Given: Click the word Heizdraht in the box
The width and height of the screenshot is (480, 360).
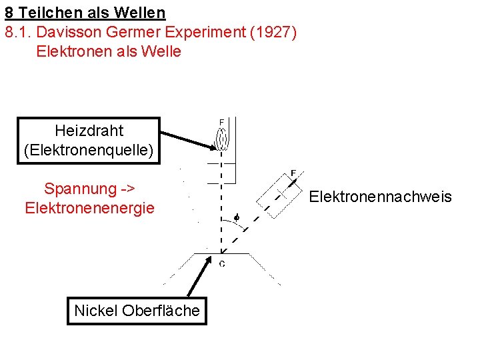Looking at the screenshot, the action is click(x=89, y=130).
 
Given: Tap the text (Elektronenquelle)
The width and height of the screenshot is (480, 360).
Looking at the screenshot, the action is click(x=89, y=150).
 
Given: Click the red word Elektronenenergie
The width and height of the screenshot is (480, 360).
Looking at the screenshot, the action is click(x=89, y=208).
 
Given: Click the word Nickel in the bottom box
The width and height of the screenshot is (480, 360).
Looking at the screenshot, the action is click(x=96, y=310).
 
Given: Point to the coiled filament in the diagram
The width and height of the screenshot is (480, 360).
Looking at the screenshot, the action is click(x=222, y=139).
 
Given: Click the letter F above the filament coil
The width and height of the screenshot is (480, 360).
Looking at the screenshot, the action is click(x=222, y=122).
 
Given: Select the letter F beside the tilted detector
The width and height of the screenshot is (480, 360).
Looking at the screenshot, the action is click(x=293, y=173).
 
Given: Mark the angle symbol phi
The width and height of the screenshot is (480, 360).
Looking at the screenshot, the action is click(x=235, y=217).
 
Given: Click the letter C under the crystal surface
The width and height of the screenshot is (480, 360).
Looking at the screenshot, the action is click(x=222, y=263).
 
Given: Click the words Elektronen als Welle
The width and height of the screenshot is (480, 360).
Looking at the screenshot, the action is click(x=109, y=51).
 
